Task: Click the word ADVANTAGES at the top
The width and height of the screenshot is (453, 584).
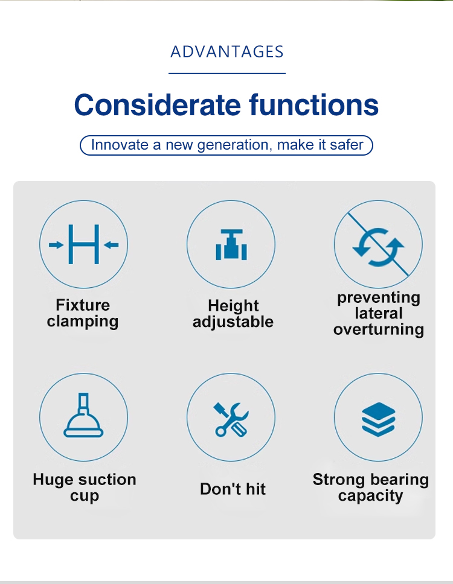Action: click(x=226, y=52)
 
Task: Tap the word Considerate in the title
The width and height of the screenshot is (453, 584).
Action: click(x=158, y=104)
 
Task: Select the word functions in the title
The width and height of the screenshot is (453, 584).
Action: click(x=314, y=104)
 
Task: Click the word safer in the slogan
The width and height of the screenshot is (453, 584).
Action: click(x=346, y=145)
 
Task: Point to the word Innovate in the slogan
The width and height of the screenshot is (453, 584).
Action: click(x=120, y=145)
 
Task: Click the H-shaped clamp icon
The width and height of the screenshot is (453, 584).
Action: click(x=84, y=244)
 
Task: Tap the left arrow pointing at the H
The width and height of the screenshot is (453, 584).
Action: click(x=56, y=245)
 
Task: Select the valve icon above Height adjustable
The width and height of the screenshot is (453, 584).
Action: click(x=231, y=244)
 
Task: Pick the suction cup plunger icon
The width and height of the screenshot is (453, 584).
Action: click(x=83, y=415)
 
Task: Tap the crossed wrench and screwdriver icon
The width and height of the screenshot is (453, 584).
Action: click(x=231, y=419)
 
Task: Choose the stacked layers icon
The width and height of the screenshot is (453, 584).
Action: click(x=378, y=419)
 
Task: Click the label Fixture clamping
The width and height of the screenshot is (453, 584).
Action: click(x=83, y=313)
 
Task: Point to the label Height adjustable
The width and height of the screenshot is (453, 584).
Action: click(x=233, y=314)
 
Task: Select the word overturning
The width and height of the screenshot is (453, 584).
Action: click(x=379, y=329)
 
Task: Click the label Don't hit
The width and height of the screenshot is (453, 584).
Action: click(x=233, y=489)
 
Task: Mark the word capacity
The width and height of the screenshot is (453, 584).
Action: click(x=371, y=496)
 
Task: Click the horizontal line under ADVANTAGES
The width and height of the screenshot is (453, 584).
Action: click(x=227, y=74)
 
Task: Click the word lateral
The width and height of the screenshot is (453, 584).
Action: click(x=379, y=313)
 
